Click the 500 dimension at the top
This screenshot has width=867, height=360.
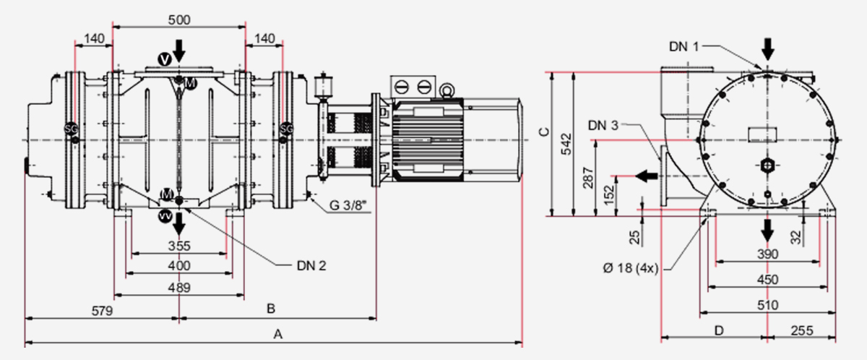coord(179,20)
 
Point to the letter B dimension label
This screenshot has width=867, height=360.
coord(270,309)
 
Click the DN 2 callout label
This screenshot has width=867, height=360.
coord(311,265)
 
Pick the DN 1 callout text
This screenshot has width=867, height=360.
coord(683,46)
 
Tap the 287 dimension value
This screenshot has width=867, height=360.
coord(589,177)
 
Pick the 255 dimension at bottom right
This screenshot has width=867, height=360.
coord(801,330)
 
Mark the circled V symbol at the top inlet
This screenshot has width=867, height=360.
coord(165,58)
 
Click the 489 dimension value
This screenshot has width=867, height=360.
coord(179,287)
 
